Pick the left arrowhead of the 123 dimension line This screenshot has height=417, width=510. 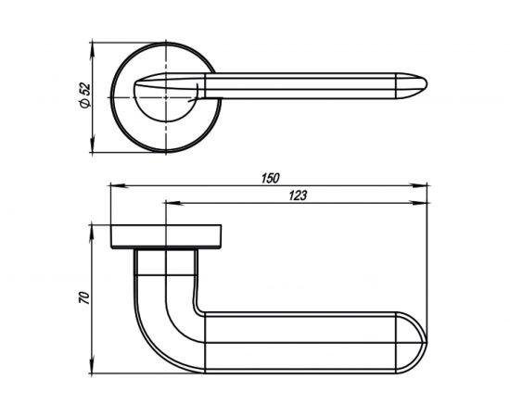167,203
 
